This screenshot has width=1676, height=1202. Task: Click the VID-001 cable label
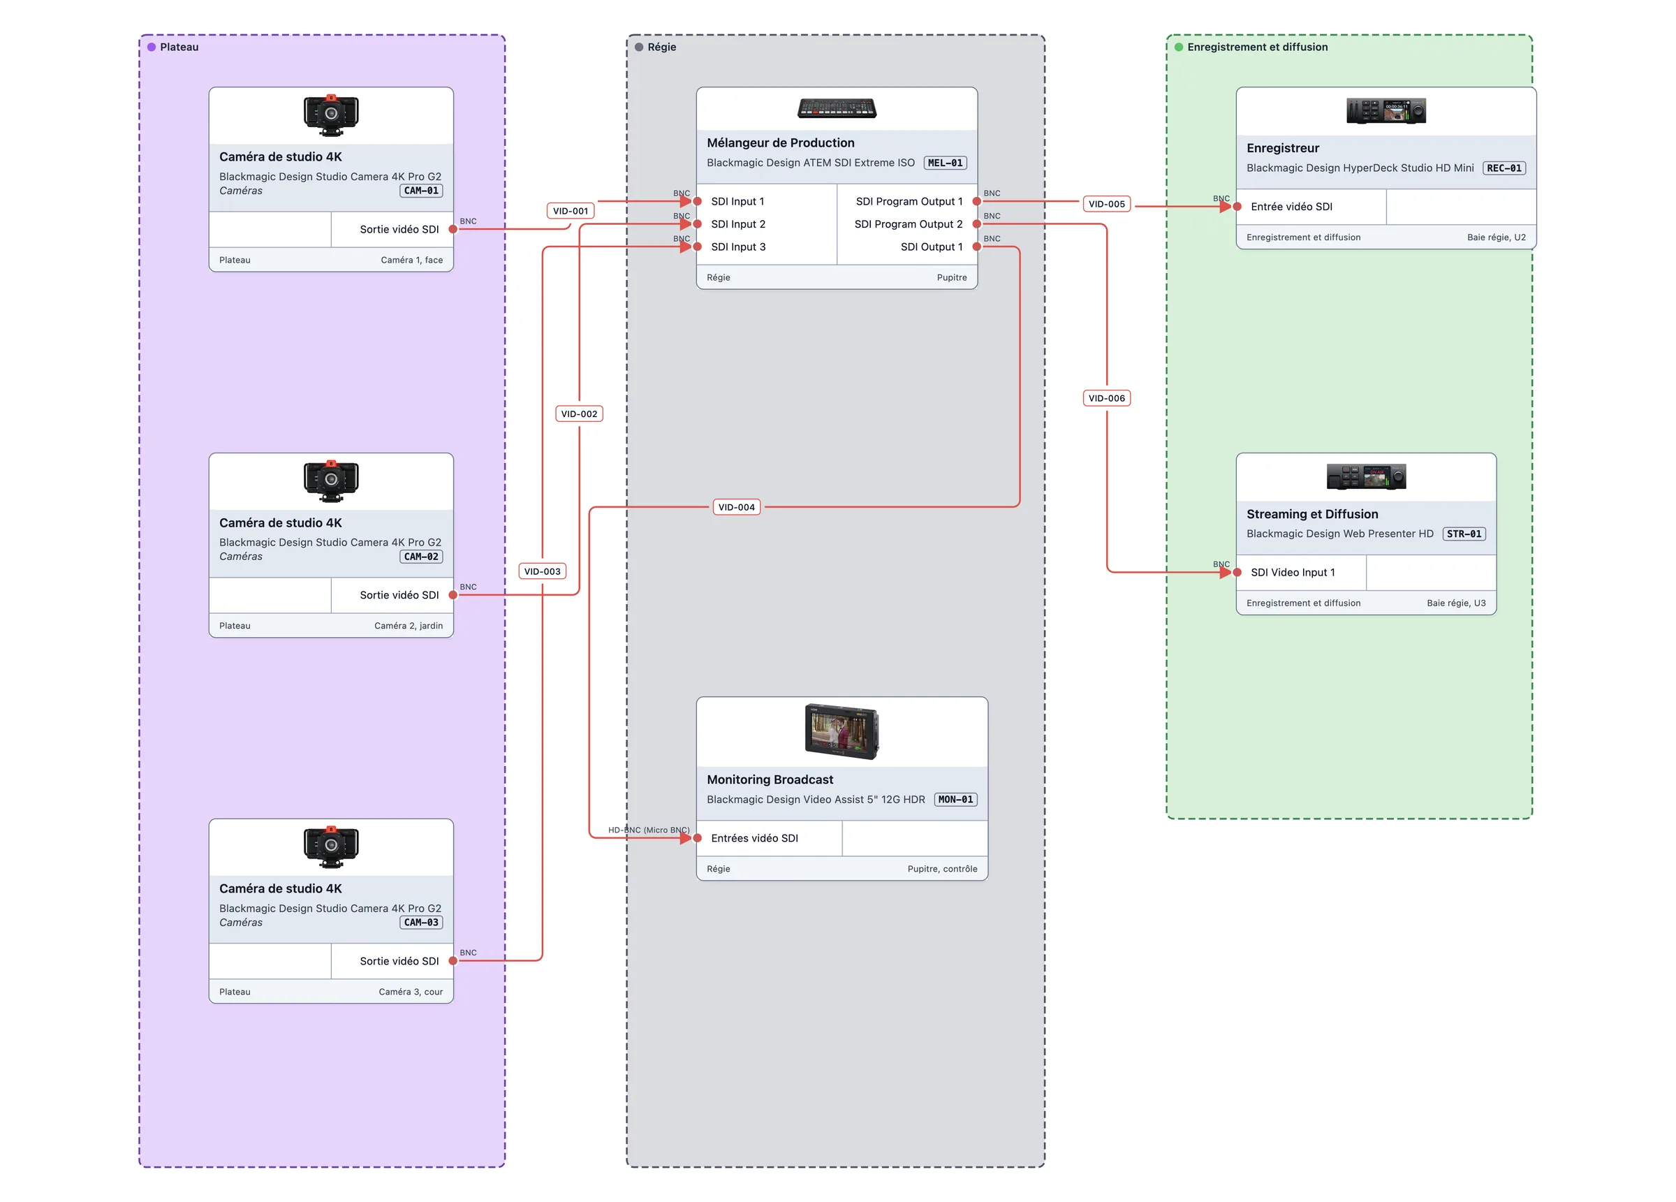pos(571,211)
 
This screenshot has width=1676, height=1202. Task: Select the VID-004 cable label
pos(736,507)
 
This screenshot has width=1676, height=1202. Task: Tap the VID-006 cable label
pos(1106,397)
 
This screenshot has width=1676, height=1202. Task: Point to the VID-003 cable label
pos(542,571)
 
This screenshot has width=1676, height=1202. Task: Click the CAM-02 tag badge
pos(421,557)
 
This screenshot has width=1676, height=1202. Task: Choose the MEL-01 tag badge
pos(945,163)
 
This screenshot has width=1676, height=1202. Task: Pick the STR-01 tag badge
pos(1464,534)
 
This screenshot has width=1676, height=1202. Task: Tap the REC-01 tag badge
pos(1504,168)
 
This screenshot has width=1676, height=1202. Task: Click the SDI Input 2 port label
pos(737,224)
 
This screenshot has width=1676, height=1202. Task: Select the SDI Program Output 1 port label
pos(909,201)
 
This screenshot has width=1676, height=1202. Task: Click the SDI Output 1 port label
pos(931,247)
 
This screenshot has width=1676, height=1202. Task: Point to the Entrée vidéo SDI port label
pos(1291,206)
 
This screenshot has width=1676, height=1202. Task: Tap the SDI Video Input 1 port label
pos(1293,572)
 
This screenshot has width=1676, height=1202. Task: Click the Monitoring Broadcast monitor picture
pos(841,731)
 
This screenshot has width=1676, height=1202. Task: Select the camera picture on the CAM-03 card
pos(331,846)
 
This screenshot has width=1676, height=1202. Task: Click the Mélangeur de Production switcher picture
pos(837,109)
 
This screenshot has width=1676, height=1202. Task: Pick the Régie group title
pos(661,47)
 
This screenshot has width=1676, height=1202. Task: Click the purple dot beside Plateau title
pos(152,47)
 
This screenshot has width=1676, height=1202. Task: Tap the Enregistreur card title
pos(1282,148)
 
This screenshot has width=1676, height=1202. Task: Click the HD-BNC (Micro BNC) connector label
pos(649,830)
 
